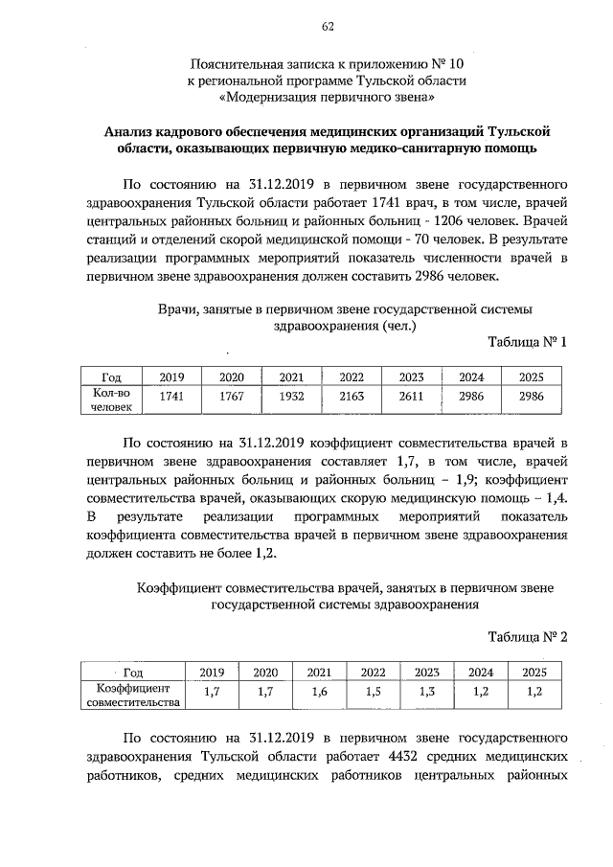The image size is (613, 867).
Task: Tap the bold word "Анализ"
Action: (137, 130)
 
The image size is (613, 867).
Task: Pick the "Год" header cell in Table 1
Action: (110, 376)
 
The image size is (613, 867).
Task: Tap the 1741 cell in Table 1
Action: (171, 395)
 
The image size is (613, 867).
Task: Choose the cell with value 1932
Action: (291, 395)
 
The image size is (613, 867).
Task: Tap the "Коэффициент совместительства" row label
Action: (133, 695)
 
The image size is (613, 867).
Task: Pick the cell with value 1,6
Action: (319, 691)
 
